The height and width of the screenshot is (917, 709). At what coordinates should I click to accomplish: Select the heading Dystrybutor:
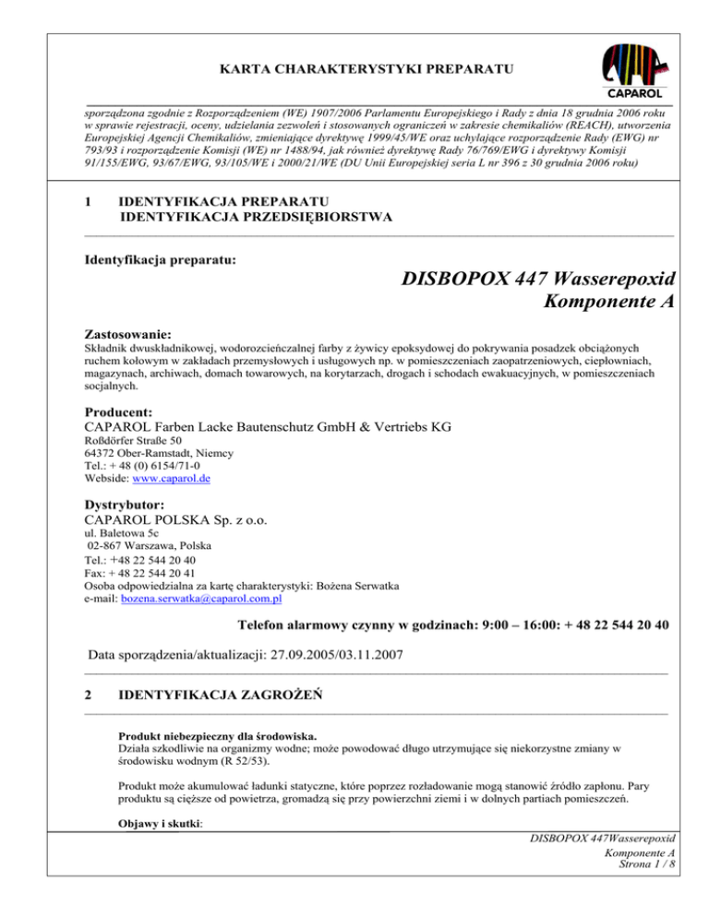pyautogui.click(x=125, y=506)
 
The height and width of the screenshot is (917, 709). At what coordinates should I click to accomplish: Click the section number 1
pyautogui.click(x=87, y=200)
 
